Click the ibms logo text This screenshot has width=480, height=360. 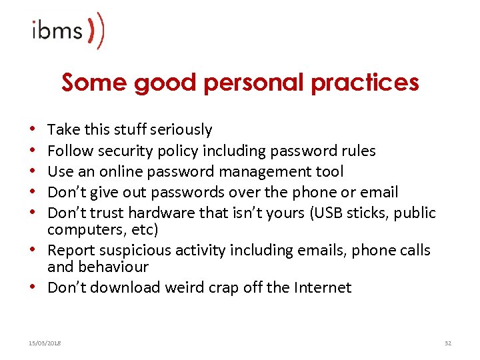click(57, 31)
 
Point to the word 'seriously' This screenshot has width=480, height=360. click(181, 129)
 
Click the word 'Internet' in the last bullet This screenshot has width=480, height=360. click(321, 287)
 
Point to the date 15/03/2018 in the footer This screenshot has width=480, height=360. click(45, 342)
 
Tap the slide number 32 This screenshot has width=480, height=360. click(447, 342)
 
